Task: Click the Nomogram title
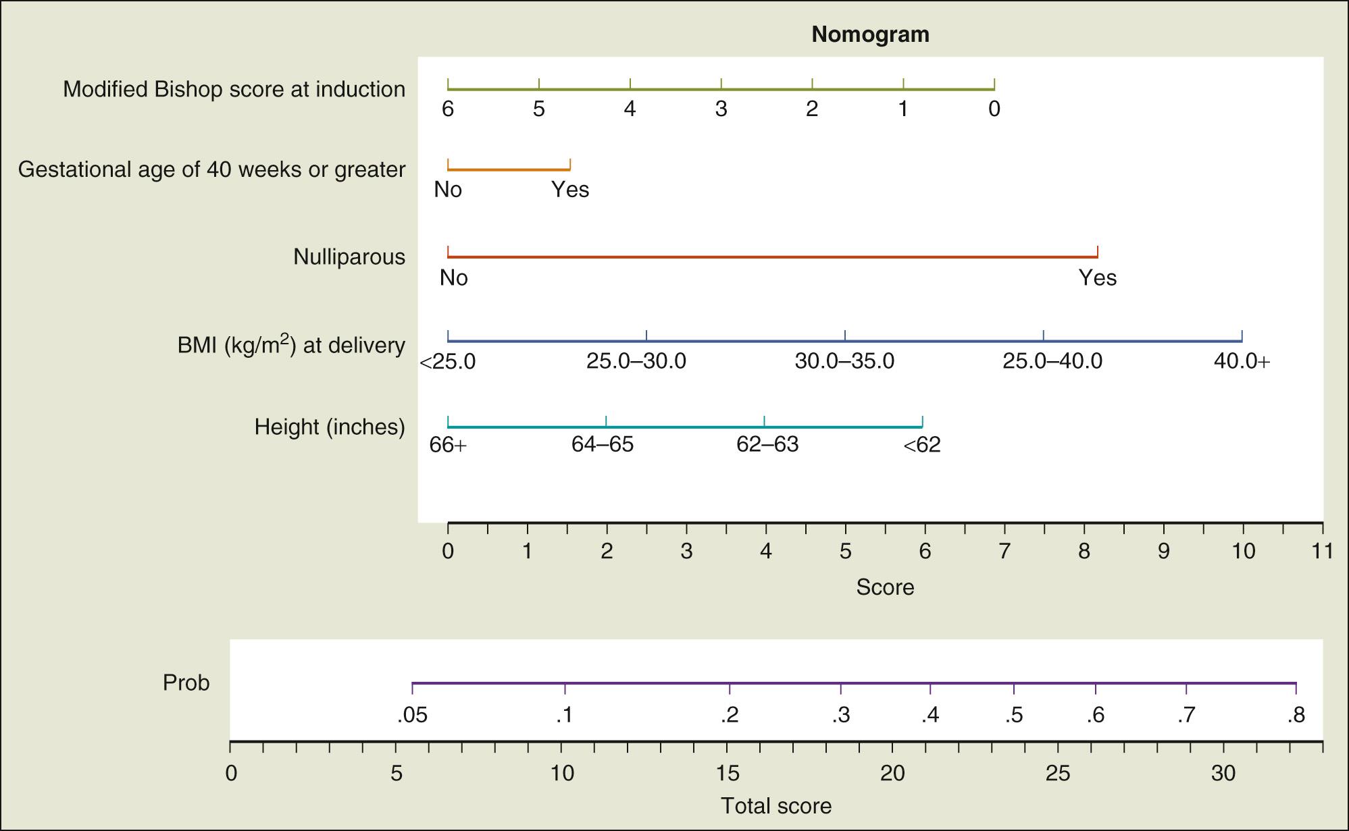pyautogui.click(x=870, y=34)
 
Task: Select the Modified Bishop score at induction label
pyautogui.click(x=234, y=89)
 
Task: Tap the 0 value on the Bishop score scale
pyautogui.click(x=994, y=109)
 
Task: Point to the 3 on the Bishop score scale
pyautogui.click(x=721, y=109)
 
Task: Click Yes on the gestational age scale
pyautogui.click(x=570, y=190)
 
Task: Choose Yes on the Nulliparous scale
pyautogui.click(x=1097, y=277)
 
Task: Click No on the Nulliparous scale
pyautogui.click(x=453, y=277)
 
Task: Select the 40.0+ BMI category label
pyautogui.click(x=1242, y=361)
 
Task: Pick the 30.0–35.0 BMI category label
pyautogui.click(x=844, y=361)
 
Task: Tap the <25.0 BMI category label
pyautogui.click(x=447, y=362)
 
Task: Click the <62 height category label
pyautogui.click(x=921, y=445)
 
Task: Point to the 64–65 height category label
pyautogui.click(x=603, y=445)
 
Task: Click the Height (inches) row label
pyautogui.click(x=330, y=427)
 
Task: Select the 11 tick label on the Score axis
pyautogui.click(x=1323, y=552)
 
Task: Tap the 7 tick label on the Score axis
pyautogui.click(x=1004, y=552)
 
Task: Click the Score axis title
pyautogui.click(x=885, y=587)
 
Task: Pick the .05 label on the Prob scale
pyautogui.click(x=412, y=715)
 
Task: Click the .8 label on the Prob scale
pyautogui.click(x=1295, y=715)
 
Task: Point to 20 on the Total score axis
pyautogui.click(x=892, y=773)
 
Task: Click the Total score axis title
pyautogui.click(x=775, y=805)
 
